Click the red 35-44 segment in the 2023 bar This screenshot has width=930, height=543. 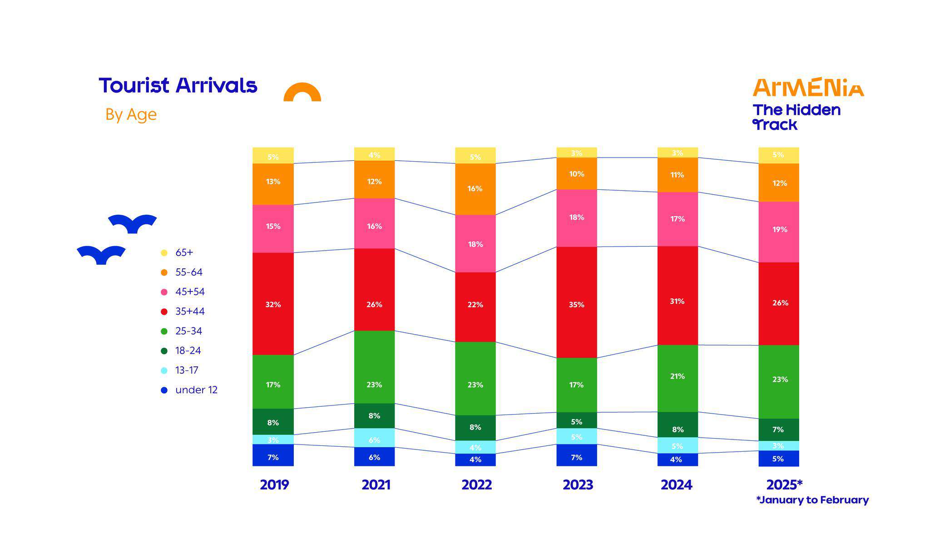(x=576, y=302)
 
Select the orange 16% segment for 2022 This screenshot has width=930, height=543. (x=475, y=189)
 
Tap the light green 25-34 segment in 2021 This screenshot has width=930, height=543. (x=374, y=366)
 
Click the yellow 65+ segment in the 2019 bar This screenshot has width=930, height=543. (x=273, y=155)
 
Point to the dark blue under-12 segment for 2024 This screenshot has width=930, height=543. (x=677, y=459)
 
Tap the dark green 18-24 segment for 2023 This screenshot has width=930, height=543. (x=576, y=420)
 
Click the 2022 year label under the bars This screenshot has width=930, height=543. (x=476, y=485)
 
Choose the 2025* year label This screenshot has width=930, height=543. (x=784, y=485)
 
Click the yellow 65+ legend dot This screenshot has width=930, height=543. (x=164, y=252)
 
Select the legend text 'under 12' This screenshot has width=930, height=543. (x=196, y=390)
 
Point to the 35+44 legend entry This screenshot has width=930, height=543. (x=190, y=311)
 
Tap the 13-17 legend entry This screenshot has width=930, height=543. (x=187, y=370)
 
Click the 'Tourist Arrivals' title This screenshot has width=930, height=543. (x=178, y=85)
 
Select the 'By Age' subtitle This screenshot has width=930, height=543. (x=131, y=114)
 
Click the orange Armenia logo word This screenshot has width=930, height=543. (x=808, y=87)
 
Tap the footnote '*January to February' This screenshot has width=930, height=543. (x=812, y=500)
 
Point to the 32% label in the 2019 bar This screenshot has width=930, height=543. (x=273, y=305)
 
